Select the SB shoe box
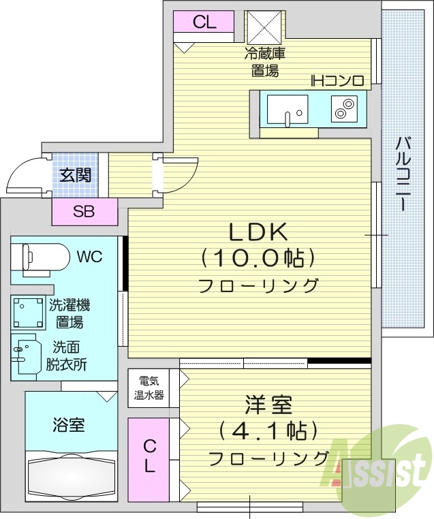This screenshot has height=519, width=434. click(x=84, y=211)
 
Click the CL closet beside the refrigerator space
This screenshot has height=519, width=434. click(x=204, y=22)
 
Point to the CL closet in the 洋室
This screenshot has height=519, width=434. click(x=149, y=457)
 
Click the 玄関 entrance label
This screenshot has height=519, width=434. click(x=75, y=174)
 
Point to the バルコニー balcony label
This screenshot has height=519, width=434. click(x=403, y=173)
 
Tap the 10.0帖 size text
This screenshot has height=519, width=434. click(x=258, y=259)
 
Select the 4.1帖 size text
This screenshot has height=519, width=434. click(x=268, y=431)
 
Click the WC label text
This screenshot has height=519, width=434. click(x=90, y=257)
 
